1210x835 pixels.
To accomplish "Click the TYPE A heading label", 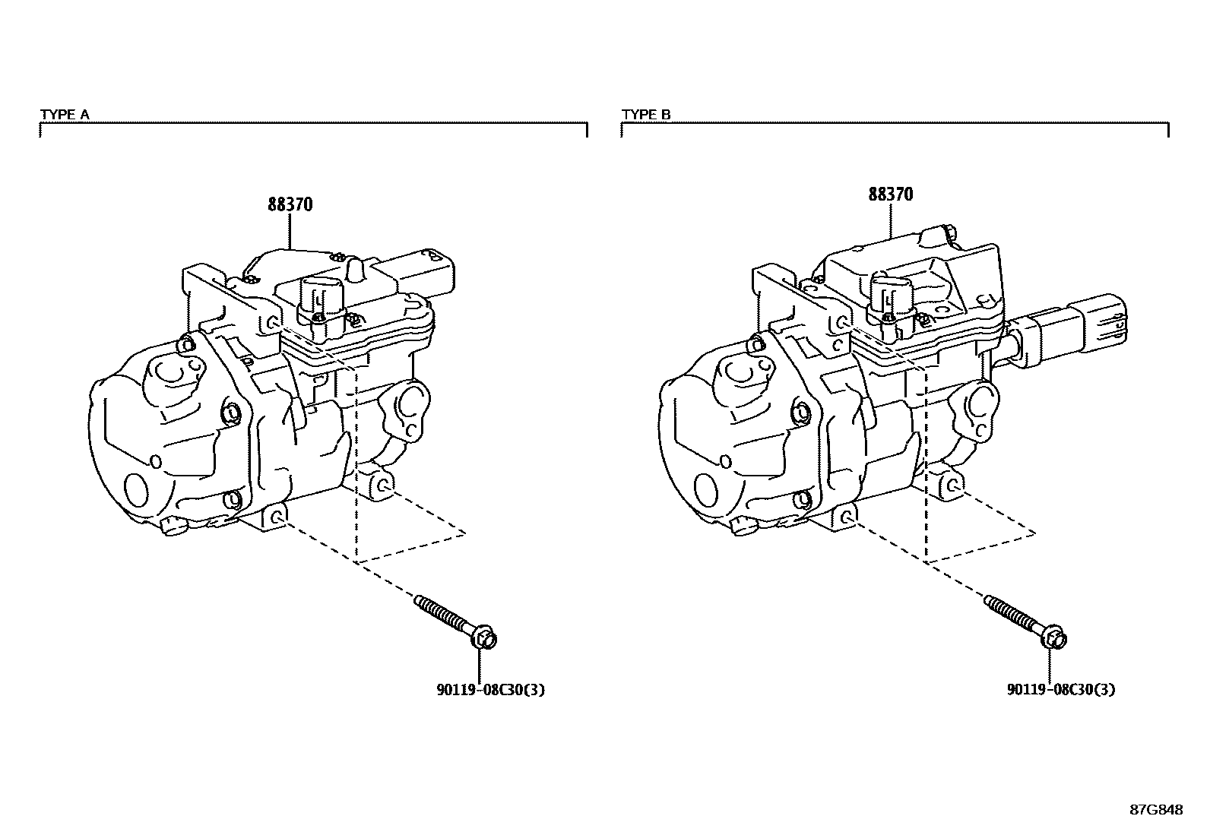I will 65,115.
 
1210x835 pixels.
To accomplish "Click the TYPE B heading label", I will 646,115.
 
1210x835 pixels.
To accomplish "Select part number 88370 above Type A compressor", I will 290,204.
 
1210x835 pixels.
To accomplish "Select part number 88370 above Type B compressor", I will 891,195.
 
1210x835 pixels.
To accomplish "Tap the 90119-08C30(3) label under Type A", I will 490,690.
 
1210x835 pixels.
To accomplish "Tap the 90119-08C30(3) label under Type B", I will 1061,690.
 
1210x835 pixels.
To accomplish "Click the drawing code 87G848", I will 1156,810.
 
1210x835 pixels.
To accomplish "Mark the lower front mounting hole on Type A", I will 278,518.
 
